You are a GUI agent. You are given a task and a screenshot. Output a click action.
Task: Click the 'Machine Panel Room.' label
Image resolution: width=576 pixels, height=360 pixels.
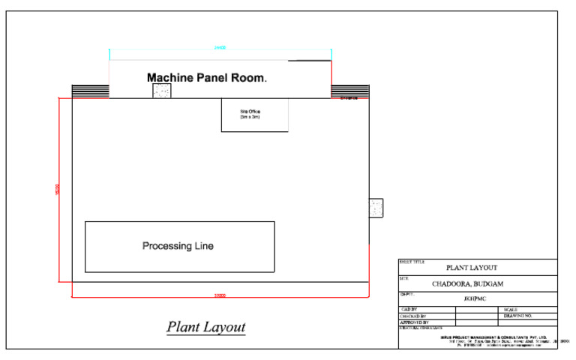click(x=207, y=77)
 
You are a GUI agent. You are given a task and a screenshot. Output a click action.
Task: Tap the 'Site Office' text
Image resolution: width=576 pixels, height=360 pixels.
click(x=250, y=112)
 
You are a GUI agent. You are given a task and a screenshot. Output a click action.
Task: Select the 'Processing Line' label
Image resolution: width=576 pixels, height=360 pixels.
click(x=178, y=246)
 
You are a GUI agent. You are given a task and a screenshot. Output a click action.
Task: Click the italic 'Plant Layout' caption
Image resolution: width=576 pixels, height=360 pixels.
click(x=205, y=328)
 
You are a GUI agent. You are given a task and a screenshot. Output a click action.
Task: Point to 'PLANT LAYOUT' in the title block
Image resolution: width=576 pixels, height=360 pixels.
click(x=472, y=267)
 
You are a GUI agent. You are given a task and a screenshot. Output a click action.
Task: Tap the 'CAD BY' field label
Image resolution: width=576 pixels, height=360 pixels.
click(x=409, y=309)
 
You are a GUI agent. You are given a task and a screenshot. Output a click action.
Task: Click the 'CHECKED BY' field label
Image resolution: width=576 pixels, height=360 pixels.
click(x=413, y=316)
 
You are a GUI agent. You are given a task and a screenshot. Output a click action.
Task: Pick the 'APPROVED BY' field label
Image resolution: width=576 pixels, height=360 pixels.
click(x=414, y=322)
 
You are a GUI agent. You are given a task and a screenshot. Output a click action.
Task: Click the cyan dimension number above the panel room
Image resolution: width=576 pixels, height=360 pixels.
click(x=220, y=47)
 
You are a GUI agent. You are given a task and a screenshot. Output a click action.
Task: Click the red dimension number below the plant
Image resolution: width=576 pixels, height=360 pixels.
click(x=220, y=296)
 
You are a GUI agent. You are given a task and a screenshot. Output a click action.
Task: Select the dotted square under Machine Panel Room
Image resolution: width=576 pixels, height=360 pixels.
click(x=161, y=91)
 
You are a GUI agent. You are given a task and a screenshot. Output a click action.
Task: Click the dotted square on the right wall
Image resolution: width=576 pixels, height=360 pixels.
click(x=376, y=207)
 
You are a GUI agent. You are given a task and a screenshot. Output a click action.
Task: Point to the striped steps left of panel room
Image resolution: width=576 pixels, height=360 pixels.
click(x=90, y=91)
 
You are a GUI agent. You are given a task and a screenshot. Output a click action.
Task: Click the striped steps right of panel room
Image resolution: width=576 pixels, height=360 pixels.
click(x=349, y=91)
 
